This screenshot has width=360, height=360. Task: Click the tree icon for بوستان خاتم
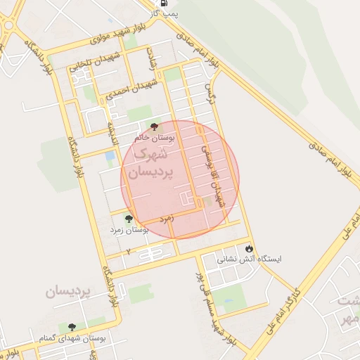(x=154, y=127)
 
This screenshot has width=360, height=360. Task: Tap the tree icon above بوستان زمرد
(x=127, y=219)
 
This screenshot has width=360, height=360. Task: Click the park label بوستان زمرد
(x=130, y=230)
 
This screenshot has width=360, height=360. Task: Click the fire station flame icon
(x=249, y=248)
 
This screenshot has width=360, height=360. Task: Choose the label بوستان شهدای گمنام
(x=74, y=338)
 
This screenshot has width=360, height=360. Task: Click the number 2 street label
(x=129, y=251)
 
